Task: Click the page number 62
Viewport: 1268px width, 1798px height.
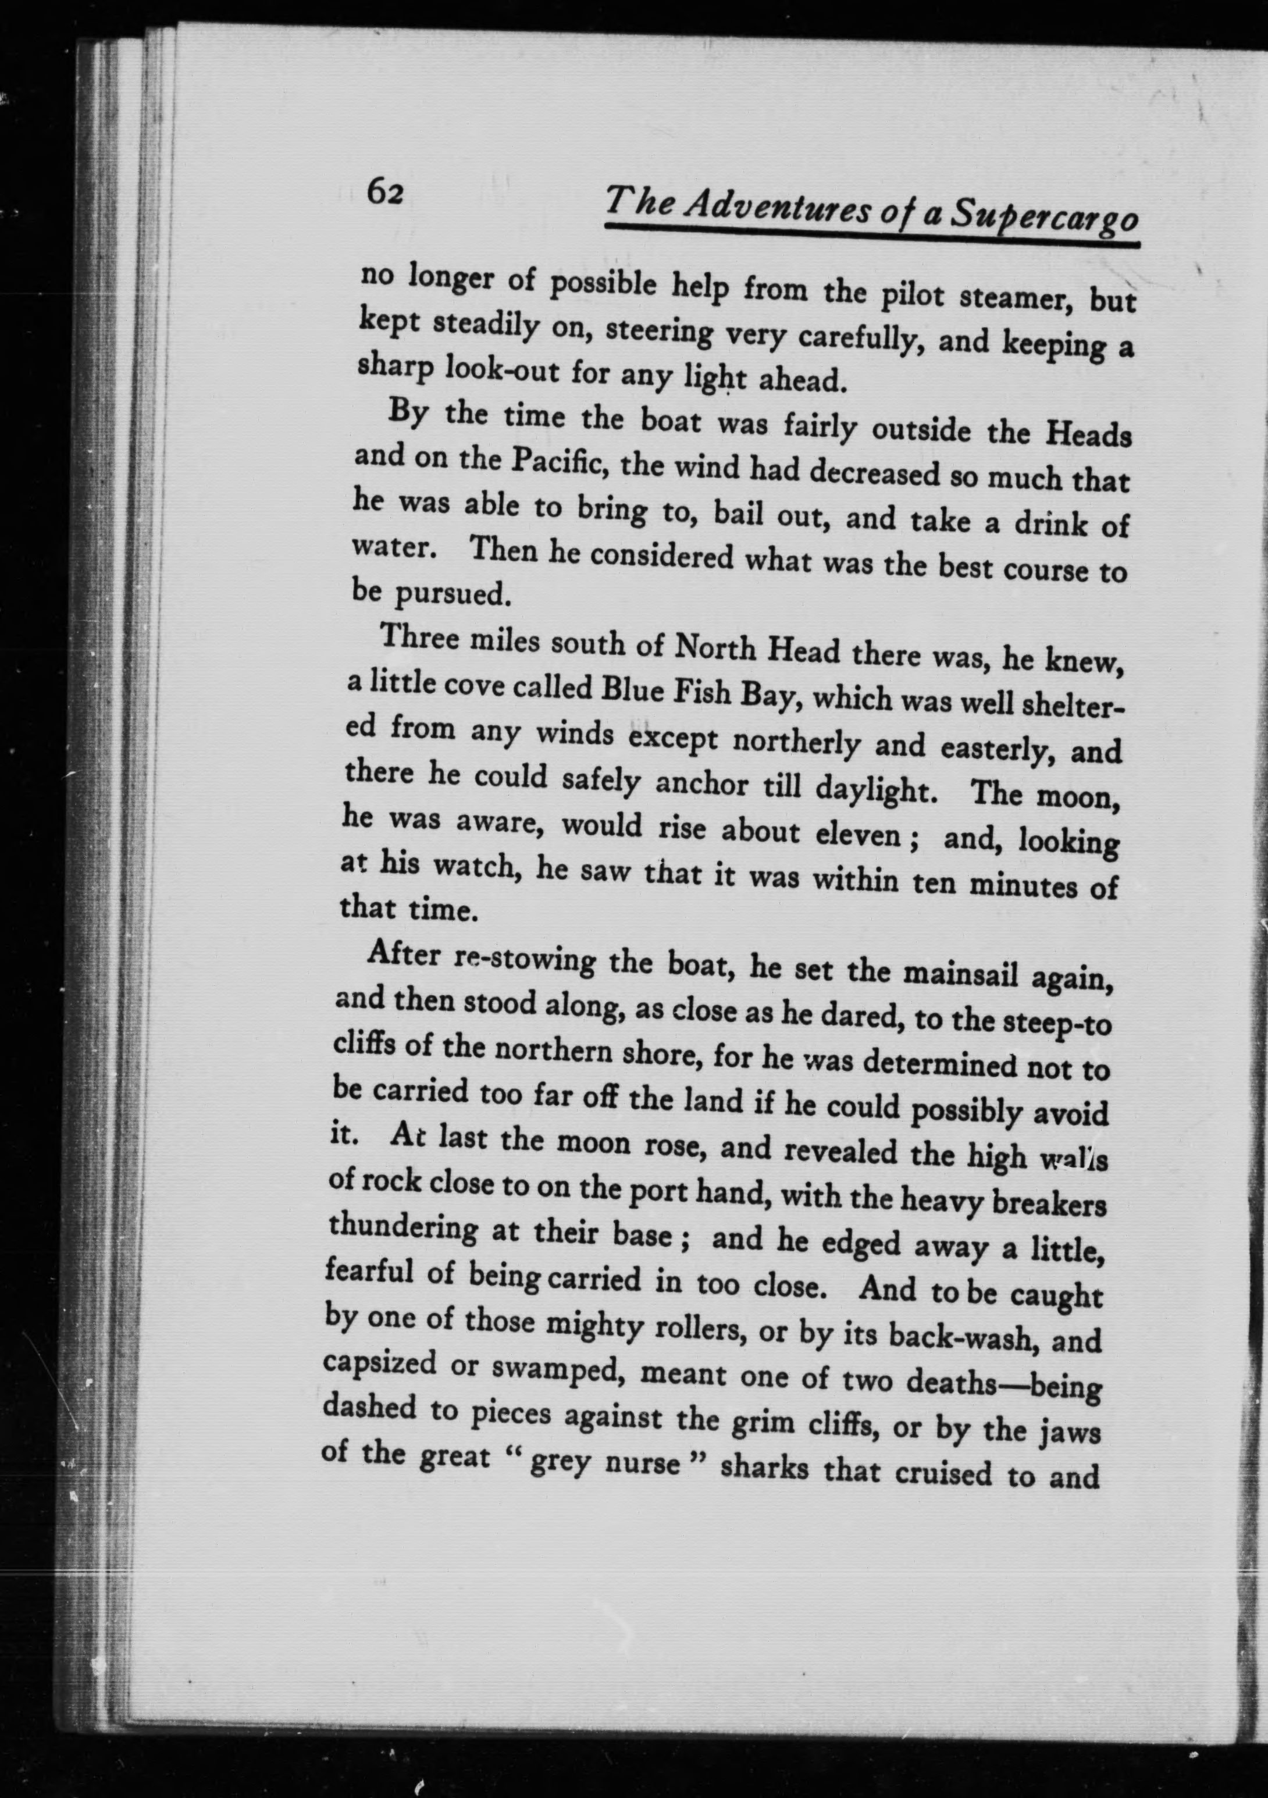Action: [385, 191]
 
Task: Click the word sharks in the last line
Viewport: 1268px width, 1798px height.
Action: [764, 1468]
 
